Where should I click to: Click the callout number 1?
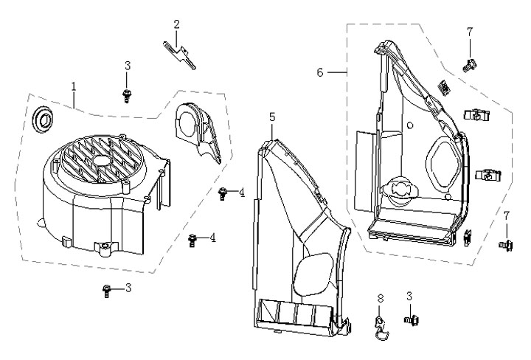coord(74,86)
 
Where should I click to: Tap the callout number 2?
coord(176,24)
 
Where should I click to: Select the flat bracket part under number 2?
coord(179,55)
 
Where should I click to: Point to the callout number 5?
coord(272,117)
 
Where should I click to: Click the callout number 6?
coord(320,72)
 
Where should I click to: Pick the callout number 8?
coord(381,298)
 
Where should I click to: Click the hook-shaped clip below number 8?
coord(382,328)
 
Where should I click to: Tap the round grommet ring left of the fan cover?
coord(43,120)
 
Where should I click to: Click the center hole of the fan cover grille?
coord(101,160)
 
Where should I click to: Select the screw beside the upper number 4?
coord(222,193)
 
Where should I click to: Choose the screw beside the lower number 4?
coord(192,240)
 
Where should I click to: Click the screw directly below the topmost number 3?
coord(127,96)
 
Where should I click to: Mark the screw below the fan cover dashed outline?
coord(107,291)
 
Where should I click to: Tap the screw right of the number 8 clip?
coord(412,319)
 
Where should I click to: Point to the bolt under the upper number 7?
coord(470,65)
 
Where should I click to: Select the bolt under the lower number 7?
coord(506,244)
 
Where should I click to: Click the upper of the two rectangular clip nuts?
coord(477,116)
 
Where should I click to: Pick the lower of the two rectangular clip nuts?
coord(488,175)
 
